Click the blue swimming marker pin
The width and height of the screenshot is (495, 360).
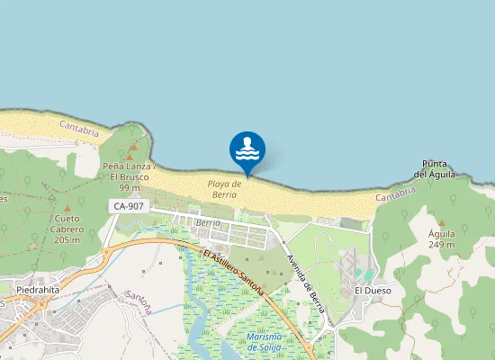[247, 151]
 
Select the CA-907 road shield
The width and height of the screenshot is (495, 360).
[128, 207]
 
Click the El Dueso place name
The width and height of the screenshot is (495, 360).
[371, 291]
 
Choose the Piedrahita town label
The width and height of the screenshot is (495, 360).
[38, 290]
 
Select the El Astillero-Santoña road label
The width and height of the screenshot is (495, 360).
[233, 272]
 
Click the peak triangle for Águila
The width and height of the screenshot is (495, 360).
[441, 221]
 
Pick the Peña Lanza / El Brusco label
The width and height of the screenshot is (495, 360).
[130, 172]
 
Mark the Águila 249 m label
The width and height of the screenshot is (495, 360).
[441, 238]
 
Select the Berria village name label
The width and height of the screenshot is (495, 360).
[207, 221]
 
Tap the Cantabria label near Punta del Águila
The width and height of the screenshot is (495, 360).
[395, 193]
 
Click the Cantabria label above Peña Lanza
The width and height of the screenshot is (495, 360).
[78, 130]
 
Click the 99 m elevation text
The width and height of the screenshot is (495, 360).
[130, 187]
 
